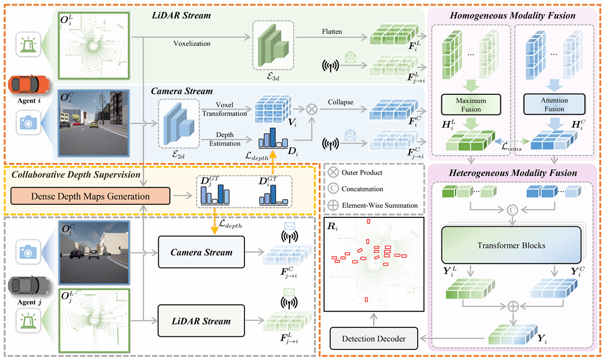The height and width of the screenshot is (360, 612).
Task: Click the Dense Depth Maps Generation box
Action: (90, 197)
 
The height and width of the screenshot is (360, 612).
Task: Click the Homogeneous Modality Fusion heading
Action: (513, 15)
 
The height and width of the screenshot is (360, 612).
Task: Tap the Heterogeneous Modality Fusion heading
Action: (513, 172)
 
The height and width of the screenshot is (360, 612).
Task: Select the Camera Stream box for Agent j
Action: (201, 252)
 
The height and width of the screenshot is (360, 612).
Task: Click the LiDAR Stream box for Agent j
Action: (201, 321)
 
